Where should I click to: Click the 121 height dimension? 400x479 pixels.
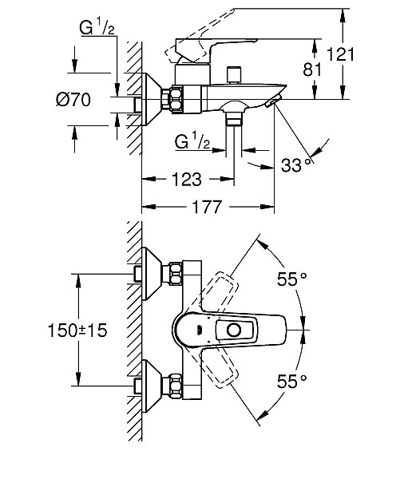[340, 55]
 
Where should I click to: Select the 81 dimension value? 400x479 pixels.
[312, 69]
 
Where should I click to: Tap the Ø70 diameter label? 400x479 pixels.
[73, 100]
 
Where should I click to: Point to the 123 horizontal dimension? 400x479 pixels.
[187, 180]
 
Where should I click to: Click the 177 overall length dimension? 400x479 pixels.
[207, 207]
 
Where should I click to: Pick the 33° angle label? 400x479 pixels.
[298, 165]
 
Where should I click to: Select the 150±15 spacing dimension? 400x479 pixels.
[77, 331]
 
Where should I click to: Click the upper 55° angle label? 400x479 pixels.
[292, 279]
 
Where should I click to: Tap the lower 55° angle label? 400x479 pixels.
[292, 382]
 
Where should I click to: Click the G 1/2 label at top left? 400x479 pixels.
[97, 27]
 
